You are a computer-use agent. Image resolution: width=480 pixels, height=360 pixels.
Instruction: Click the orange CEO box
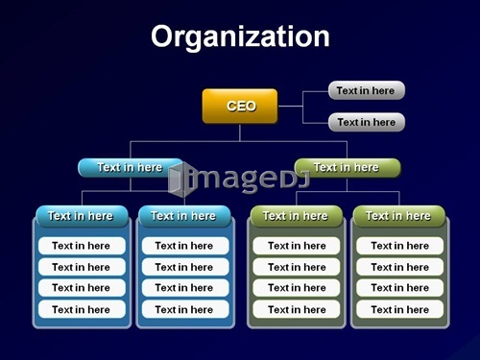coord(240,106)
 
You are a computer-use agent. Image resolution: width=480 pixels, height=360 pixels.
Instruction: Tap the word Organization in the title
coord(240,36)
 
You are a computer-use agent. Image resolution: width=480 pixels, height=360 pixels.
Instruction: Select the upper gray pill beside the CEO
coord(367,90)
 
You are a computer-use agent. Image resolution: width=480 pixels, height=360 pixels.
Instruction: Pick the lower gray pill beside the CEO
coord(367,122)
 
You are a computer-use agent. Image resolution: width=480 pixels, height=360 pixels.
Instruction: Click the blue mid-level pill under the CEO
coord(131,168)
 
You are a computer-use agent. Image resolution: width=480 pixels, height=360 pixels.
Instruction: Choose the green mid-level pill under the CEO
coord(348,168)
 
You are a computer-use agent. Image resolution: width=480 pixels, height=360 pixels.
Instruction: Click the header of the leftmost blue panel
coord(82,216)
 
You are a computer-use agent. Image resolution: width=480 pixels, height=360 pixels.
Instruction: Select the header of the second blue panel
coord(184,216)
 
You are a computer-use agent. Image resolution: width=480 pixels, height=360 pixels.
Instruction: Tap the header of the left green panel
coord(297,216)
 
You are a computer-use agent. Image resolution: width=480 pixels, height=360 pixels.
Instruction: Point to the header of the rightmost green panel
coord(399,216)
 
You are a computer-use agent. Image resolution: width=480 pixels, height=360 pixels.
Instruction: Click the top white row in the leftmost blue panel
coord(82,246)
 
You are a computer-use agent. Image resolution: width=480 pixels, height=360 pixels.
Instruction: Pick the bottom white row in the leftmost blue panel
coord(82,309)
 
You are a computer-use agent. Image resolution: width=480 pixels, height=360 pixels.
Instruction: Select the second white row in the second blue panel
coord(185,267)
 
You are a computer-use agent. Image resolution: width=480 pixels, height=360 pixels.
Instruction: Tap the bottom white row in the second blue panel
coord(185,309)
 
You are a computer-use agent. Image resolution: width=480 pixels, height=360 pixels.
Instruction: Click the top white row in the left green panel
coord(297,246)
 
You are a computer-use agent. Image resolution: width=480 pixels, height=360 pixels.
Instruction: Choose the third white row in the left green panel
coord(297,288)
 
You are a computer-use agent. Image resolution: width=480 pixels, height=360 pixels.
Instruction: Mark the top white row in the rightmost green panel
coord(400,246)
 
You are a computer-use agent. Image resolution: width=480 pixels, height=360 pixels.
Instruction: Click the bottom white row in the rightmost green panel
coord(400,309)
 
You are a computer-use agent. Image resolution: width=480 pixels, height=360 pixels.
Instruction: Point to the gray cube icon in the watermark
coord(181,180)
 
